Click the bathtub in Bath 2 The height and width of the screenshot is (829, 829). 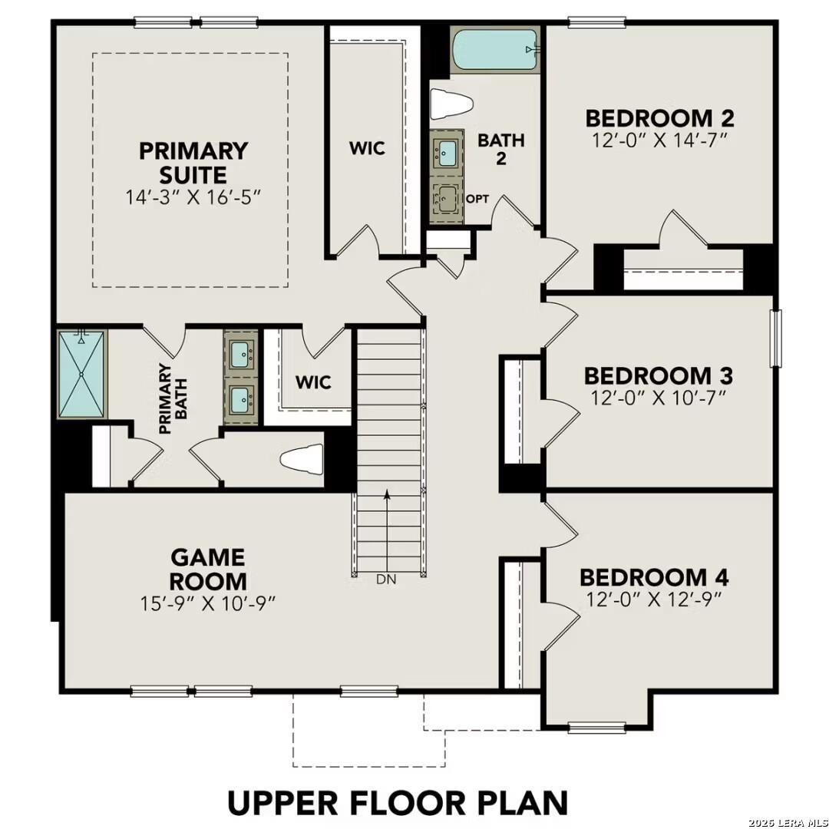coord(495,51)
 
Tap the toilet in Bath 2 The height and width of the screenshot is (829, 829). coord(447,104)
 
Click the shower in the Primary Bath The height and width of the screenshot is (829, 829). coord(81,374)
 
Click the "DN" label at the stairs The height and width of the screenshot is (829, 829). coord(387,580)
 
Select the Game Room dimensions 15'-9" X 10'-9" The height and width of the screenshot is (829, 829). coord(208,603)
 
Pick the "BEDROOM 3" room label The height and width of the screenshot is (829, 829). coord(658,376)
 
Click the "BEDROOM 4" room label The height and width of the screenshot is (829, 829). coord(654,577)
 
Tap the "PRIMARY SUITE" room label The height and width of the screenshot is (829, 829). coord(193,162)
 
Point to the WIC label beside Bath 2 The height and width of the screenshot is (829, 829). coord(367,148)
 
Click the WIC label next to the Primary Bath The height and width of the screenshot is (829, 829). coord(314,381)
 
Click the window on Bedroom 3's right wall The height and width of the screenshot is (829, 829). coord(775,339)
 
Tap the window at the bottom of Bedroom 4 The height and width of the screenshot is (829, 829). coord(596,726)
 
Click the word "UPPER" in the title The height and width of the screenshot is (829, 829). coord(282,802)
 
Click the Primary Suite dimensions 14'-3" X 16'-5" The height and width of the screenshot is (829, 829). coord(193,197)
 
